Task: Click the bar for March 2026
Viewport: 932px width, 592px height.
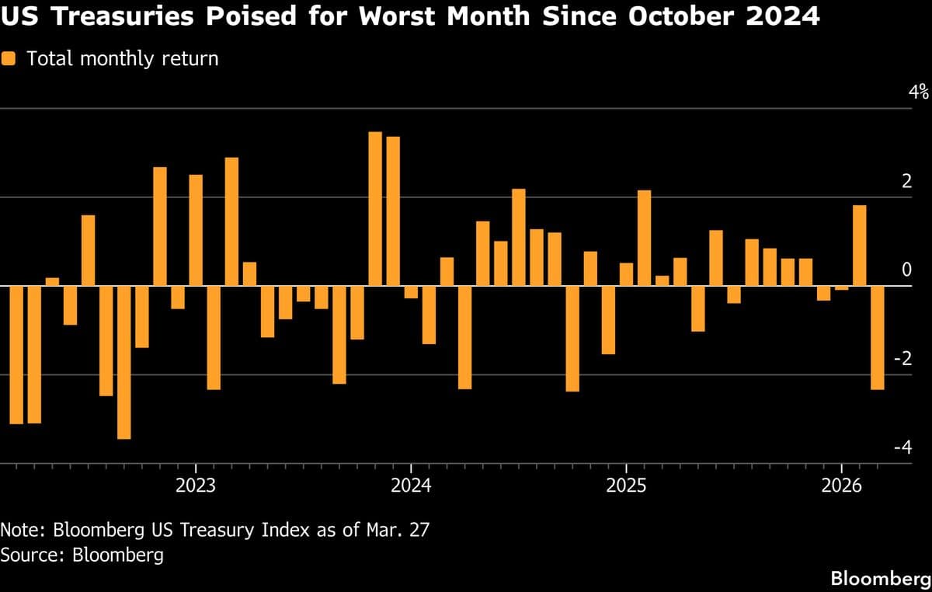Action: pyautogui.click(x=877, y=337)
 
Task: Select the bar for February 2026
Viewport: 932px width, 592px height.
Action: pyautogui.click(x=859, y=246)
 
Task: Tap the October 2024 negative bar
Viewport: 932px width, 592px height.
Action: pyautogui.click(x=572, y=338)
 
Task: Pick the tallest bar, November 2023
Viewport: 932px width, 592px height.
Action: pyautogui.click(x=375, y=209)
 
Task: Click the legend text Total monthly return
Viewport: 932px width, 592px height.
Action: pyautogui.click(x=123, y=59)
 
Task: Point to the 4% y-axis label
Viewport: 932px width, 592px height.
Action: pyautogui.click(x=919, y=92)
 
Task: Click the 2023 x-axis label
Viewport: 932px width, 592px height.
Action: pyautogui.click(x=196, y=486)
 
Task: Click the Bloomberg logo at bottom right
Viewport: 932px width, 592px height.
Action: pyautogui.click(x=881, y=578)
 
